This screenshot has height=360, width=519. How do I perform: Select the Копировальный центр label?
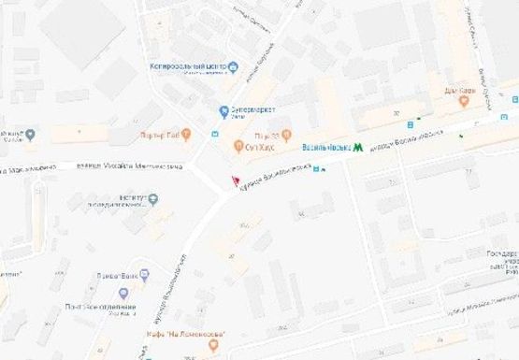click(188, 66)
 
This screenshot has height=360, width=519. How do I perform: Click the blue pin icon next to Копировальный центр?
click(234, 66)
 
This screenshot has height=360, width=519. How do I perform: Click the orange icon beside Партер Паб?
click(186, 132)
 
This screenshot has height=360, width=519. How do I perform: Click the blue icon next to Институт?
click(153, 197)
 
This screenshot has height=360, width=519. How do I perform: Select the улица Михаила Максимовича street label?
click(122, 166)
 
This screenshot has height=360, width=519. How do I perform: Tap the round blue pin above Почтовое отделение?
click(123, 293)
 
